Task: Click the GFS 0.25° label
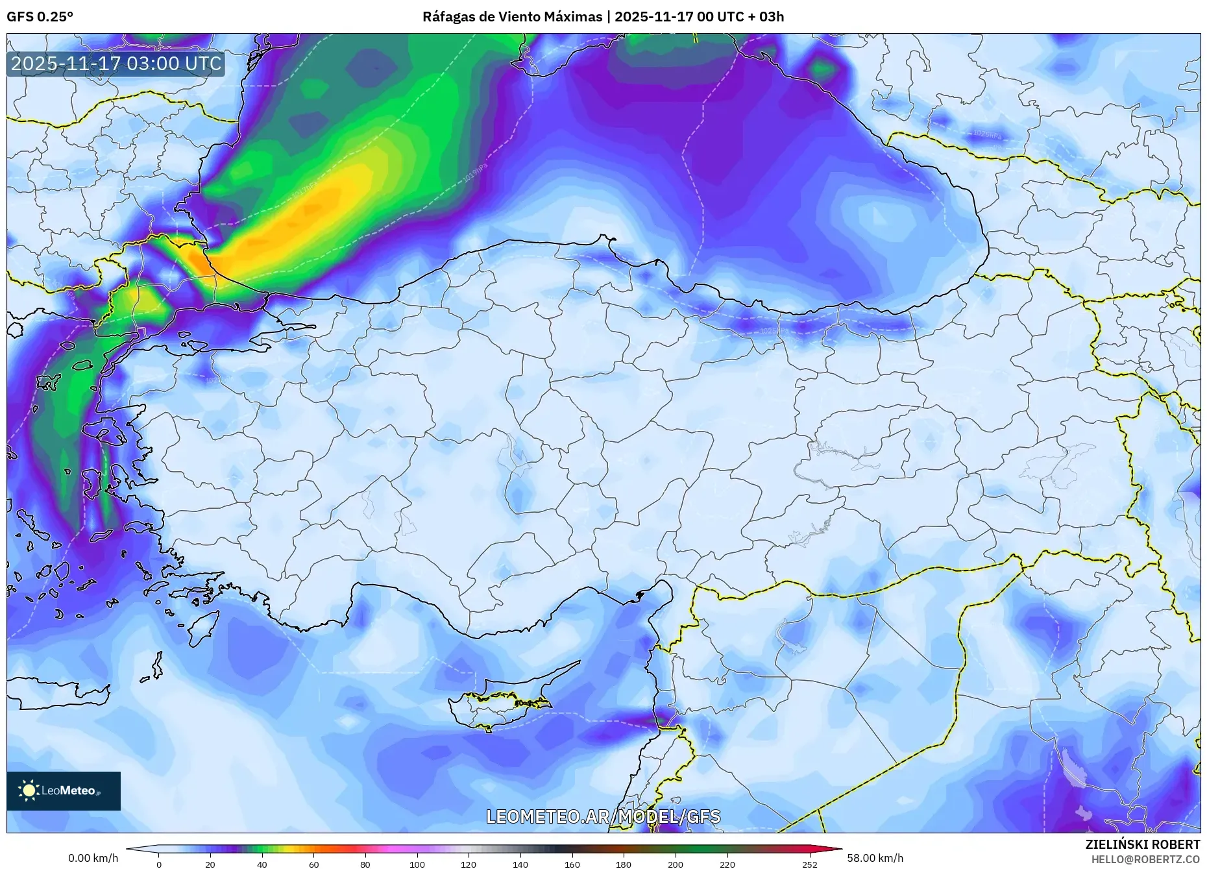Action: (x=40, y=17)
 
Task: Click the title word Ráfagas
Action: (x=447, y=17)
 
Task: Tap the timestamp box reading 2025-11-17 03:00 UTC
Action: (x=116, y=64)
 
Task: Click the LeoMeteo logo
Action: (x=64, y=790)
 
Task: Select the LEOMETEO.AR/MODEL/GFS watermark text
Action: (x=603, y=816)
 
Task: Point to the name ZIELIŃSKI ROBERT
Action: (x=1142, y=844)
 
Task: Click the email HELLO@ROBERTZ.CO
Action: (x=1145, y=859)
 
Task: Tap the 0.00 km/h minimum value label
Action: (x=93, y=858)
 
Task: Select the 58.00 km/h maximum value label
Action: (x=875, y=858)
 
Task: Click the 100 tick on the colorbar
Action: (x=417, y=864)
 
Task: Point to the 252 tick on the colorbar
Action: (x=809, y=864)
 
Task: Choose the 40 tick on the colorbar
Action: (x=262, y=864)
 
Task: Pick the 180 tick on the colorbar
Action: (x=624, y=864)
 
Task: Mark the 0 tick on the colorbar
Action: (x=159, y=864)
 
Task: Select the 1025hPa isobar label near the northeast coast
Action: (x=986, y=134)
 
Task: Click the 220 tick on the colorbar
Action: (x=727, y=864)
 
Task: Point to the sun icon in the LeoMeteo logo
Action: (x=29, y=790)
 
